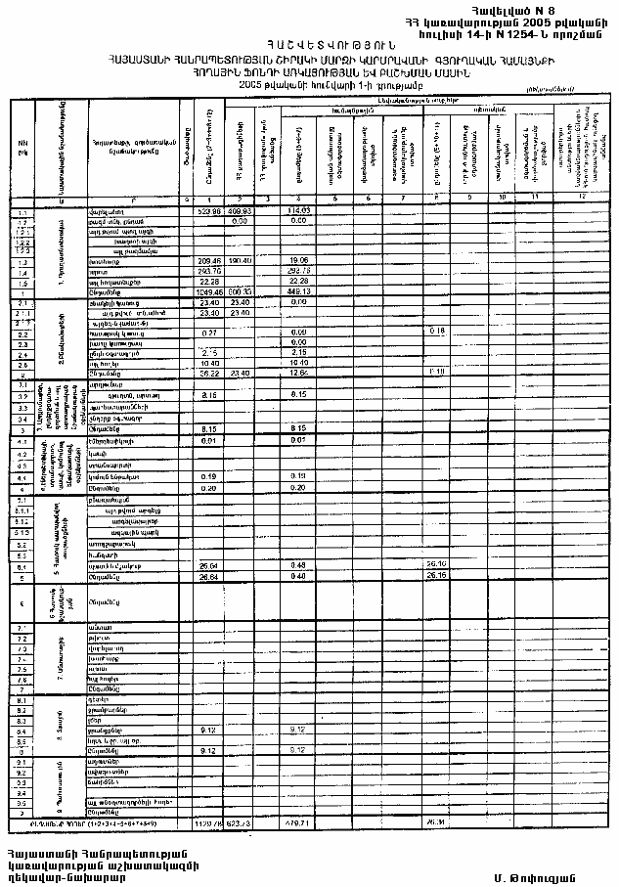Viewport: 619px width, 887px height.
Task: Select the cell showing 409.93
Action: tap(240, 211)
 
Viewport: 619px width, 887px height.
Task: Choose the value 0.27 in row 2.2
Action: tap(207, 333)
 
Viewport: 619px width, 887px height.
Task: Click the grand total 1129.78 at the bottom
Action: tap(208, 823)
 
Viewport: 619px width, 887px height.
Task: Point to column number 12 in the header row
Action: tap(583, 199)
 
